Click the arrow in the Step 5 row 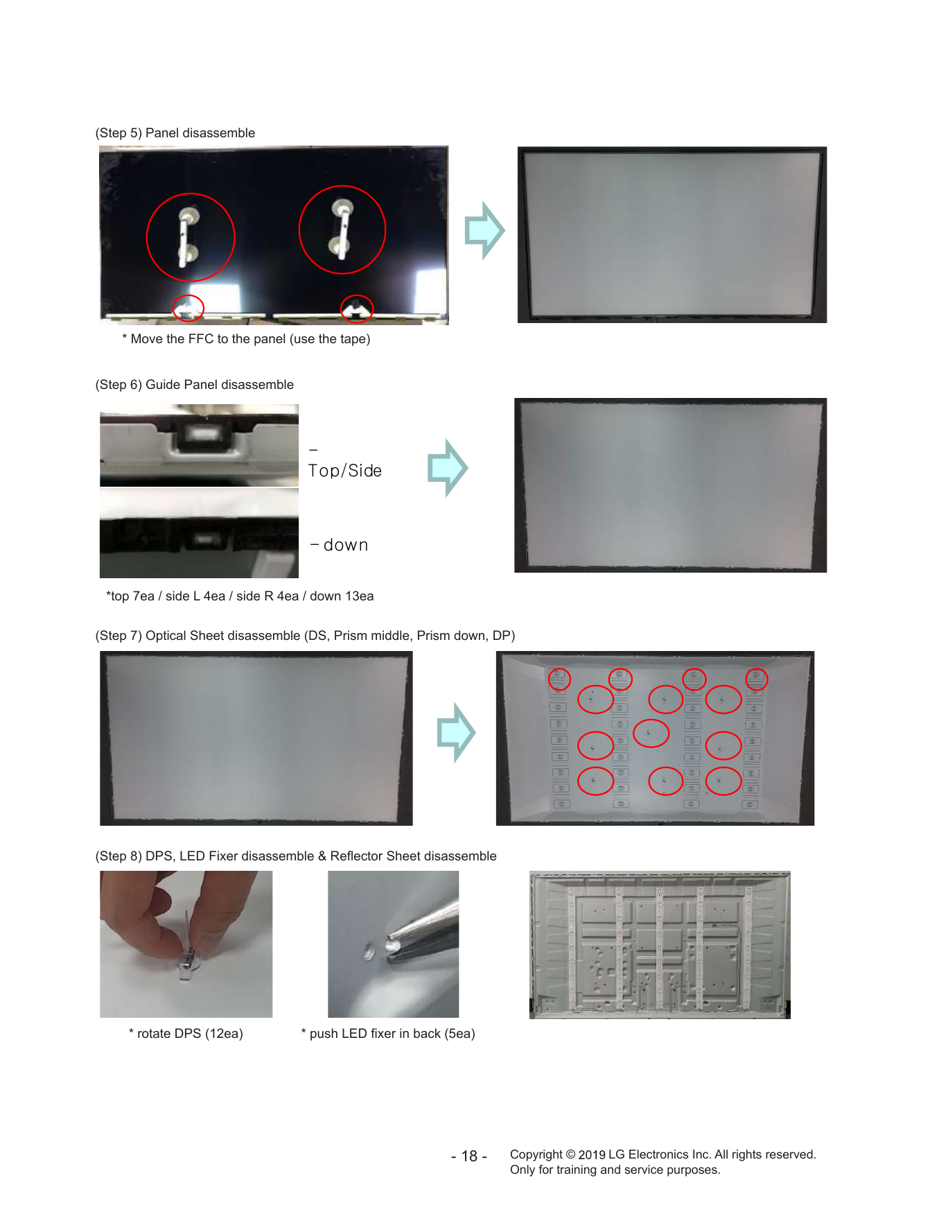click(x=484, y=231)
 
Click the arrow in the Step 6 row click(x=448, y=468)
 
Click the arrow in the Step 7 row click(x=457, y=732)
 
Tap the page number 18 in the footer click(x=469, y=1156)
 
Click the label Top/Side click(x=345, y=471)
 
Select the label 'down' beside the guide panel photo click(x=345, y=545)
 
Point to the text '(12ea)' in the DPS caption click(x=224, y=1033)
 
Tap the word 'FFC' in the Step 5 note click(x=201, y=338)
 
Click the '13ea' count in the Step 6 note click(x=359, y=596)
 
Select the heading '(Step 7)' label click(x=119, y=635)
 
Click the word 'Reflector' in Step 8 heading click(x=357, y=856)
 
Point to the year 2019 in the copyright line click(x=592, y=1154)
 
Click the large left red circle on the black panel click(x=147, y=237)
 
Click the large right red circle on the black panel click(x=299, y=229)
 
